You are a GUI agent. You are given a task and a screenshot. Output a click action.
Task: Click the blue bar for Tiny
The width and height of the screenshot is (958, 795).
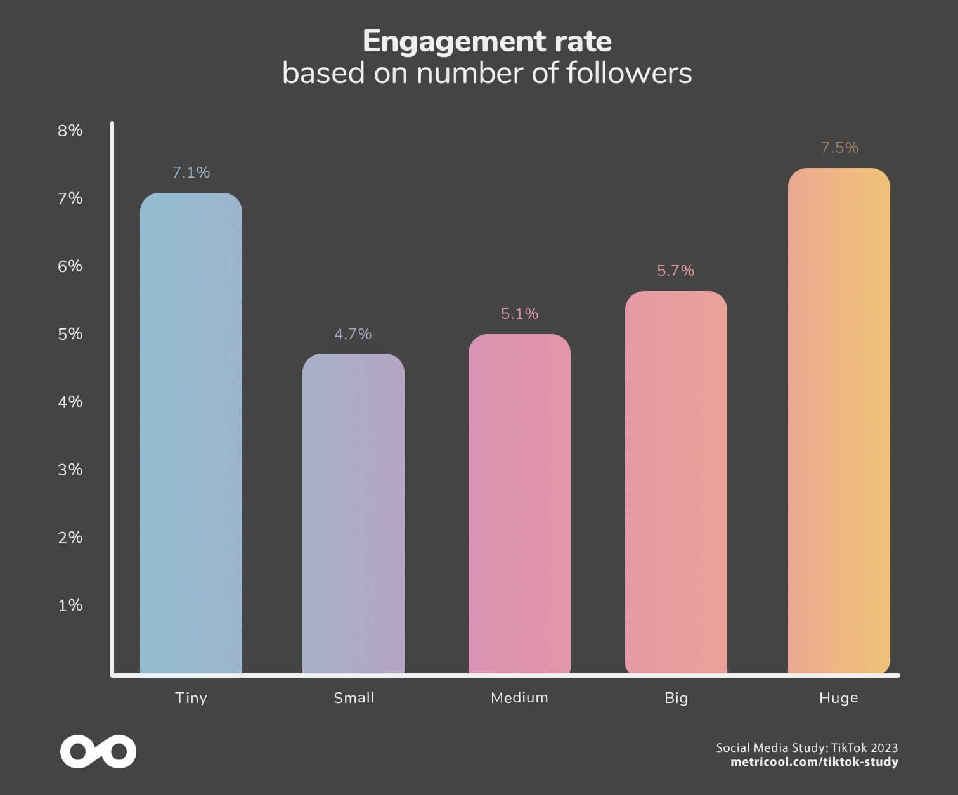pos(191,434)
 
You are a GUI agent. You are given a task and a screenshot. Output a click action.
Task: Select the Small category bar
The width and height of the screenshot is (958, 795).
pos(353,515)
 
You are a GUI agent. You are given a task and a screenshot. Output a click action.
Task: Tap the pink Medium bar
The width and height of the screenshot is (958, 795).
pos(519,504)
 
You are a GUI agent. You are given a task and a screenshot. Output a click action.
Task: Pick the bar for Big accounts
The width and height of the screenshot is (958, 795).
pos(676,482)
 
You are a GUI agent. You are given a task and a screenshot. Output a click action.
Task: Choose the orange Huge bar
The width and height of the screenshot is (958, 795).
pos(839,421)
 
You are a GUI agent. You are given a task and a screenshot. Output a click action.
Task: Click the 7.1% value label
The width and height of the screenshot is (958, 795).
pos(191,172)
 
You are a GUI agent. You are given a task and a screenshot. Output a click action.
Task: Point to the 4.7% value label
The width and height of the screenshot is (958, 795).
pos(353,334)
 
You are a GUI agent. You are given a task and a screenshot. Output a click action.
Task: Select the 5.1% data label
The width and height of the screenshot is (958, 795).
pos(519,314)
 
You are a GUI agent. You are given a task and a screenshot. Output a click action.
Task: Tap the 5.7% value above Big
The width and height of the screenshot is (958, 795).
pos(676,271)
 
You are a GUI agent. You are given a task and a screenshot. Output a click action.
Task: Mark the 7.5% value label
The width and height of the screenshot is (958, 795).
pos(839,148)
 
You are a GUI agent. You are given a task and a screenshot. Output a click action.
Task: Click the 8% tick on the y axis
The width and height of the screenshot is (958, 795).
pos(70,131)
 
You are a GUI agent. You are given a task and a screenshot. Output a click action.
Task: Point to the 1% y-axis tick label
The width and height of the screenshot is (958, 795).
pos(70,605)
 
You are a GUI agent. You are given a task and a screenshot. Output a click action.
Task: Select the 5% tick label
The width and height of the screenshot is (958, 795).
pos(70,334)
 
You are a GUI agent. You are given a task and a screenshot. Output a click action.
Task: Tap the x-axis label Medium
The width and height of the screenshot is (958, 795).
pos(519,697)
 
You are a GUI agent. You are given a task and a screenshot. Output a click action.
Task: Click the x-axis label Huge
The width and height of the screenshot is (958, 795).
pos(838,697)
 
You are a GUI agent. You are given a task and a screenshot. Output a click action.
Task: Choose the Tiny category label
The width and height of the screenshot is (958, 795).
pos(191,697)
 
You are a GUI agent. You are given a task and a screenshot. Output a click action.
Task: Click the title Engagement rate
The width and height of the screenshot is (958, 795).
pos(487,42)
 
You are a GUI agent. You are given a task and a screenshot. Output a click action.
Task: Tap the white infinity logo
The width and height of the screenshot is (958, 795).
pos(98,752)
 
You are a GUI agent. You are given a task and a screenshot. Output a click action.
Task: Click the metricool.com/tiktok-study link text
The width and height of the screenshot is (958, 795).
pos(814,762)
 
